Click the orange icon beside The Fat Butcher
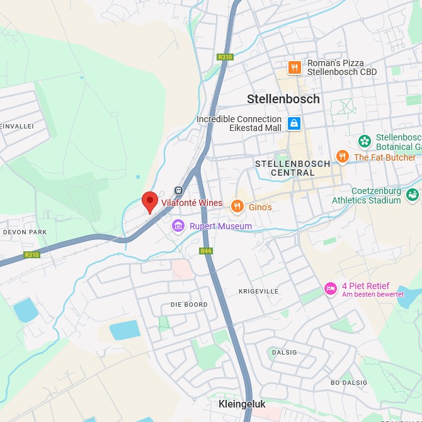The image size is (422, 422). tap(342, 157)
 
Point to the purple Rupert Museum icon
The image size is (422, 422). tap(178, 226)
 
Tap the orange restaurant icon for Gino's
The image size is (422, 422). tap(237, 206)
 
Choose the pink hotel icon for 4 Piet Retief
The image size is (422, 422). tap(330, 288)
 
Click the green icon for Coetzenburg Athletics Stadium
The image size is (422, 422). tap(413, 195)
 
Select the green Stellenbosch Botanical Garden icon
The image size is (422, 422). tap(364, 141)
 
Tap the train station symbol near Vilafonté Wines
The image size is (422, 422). tap(178, 190)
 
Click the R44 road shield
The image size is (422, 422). tap(205, 251)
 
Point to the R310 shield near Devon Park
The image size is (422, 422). tap(31, 255)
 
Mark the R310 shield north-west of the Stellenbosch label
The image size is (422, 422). tap(225, 57)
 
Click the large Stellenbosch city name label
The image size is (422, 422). tap(283, 99)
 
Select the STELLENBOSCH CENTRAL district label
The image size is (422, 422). tap(292, 168)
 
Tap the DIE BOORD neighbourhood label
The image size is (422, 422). tap(189, 305)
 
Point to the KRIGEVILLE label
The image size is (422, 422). tap(258, 292)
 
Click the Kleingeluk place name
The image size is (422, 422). tap(242, 404)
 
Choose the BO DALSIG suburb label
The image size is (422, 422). tap(348, 382)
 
